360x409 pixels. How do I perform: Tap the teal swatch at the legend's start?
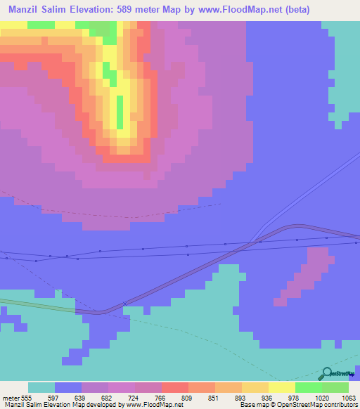(41, 387)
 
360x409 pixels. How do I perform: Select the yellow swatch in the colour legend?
(281, 387)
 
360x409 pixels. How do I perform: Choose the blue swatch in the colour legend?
(68, 387)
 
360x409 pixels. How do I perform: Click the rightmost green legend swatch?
(335, 387)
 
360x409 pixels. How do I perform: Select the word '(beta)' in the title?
(290, 10)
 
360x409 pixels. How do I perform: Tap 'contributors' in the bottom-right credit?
(339, 405)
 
